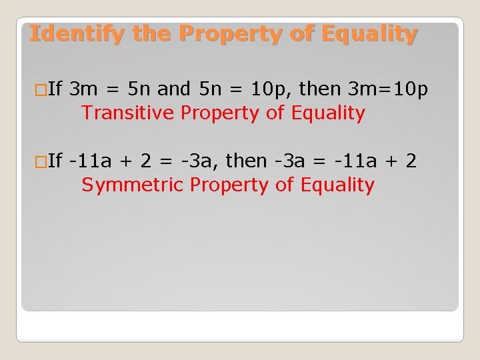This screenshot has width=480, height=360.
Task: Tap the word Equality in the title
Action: coord(371,33)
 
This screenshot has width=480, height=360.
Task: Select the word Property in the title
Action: coord(227,33)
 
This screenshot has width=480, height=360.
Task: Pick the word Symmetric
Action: coord(133,185)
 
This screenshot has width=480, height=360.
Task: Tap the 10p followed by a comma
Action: coord(276,89)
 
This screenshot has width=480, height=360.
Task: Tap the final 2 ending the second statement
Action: coord(411,161)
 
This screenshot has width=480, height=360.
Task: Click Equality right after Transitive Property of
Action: coord(328,113)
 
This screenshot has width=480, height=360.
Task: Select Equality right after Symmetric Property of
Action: coord(337,185)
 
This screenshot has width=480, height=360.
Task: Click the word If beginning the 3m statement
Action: coord(56,89)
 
